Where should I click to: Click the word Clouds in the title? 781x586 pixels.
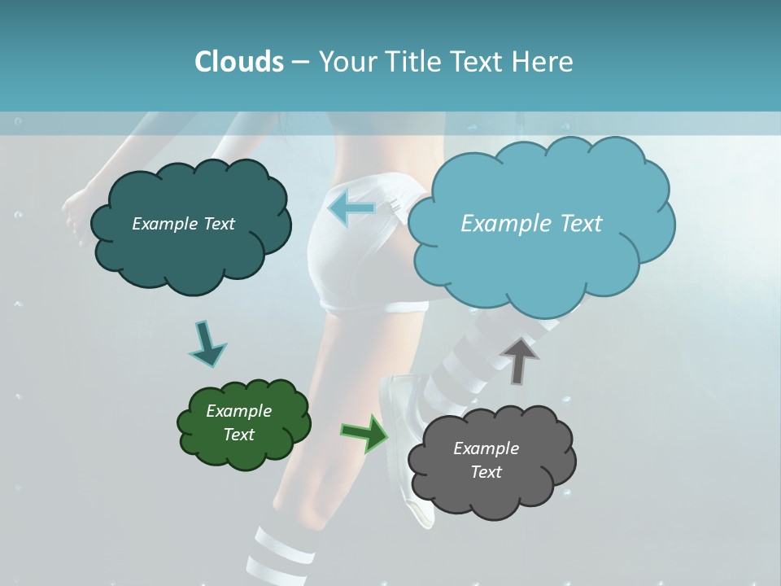[x=238, y=62]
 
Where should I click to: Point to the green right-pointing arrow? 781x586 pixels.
[x=365, y=432]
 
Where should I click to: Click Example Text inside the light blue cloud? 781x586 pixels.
[x=531, y=223]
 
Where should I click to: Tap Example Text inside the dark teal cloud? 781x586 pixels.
[x=183, y=224]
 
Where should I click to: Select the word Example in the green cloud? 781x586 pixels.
[x=238, y=411]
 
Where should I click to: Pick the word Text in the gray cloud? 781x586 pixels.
[x=486, y=472]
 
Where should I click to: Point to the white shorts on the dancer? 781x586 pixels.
[x=358, y=260]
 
